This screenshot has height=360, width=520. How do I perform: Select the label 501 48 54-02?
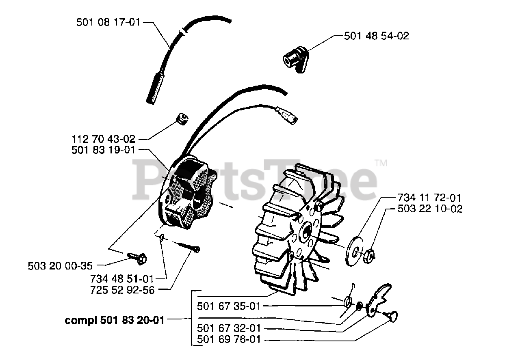[376, 36]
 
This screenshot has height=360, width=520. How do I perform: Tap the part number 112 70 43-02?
[103, 139]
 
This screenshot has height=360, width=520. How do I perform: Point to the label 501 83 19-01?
[103, 150]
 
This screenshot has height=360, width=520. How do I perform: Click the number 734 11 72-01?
[429, 198]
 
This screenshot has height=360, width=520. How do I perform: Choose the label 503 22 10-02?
[429, 209]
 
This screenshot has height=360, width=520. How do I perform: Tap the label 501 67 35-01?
[228, 306]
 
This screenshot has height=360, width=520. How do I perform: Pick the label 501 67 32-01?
[228, 328]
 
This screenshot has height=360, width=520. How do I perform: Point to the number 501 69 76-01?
[228, 339]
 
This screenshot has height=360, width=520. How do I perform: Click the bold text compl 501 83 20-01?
[115, 320]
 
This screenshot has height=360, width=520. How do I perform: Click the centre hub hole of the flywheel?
[306, 231]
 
